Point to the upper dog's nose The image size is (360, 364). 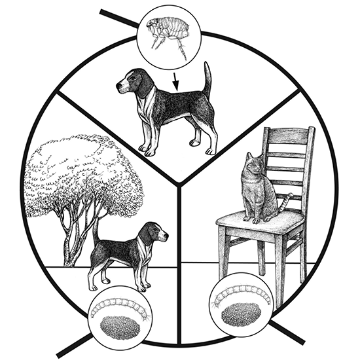(x=118, y=85)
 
